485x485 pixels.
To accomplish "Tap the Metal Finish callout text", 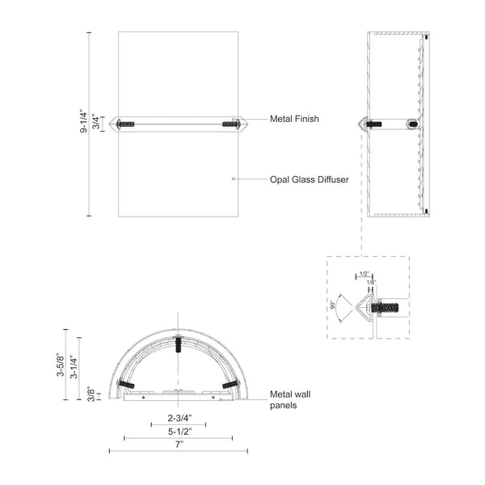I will tap(294, 119).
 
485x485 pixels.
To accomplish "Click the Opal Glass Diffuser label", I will tap(309, 179).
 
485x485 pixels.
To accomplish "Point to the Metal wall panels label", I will tap(288, 400).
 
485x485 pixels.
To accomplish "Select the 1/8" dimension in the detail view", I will tap(371, 281).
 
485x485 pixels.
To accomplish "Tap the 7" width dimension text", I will tap(177, 444).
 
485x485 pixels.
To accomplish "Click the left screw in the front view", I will tap(126, 124).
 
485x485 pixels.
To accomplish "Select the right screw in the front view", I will tap(229, 124).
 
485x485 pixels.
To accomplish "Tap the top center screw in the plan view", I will tap(177, 344).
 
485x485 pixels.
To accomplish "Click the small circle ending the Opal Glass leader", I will tap(233, 179).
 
